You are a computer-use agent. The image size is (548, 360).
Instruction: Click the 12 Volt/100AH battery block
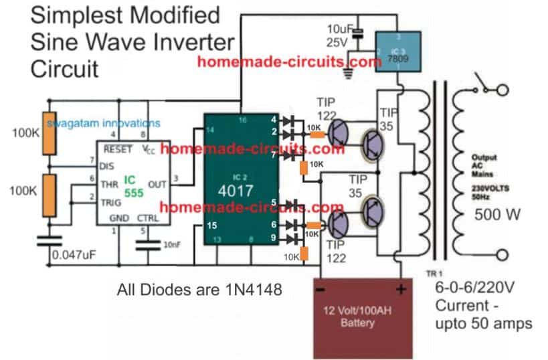pos(361,314)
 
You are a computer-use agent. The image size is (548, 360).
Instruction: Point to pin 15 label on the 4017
pos(212,225)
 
